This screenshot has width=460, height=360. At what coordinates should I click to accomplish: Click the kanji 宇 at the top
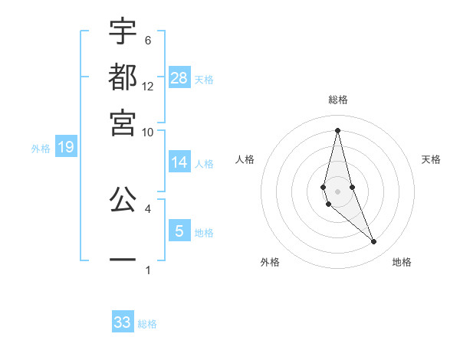[123, 32]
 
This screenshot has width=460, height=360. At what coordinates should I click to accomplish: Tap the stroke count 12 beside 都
[148, 86]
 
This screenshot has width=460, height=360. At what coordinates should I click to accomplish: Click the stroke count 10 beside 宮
[148, 132]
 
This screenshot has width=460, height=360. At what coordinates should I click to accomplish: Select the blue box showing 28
[179, 77]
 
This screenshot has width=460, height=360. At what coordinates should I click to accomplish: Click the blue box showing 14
[179, 162]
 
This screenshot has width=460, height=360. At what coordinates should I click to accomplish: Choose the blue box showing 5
[179, 231]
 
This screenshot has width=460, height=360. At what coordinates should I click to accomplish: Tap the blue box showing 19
[65, 147]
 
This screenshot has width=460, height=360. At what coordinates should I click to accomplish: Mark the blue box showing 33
[123, 322]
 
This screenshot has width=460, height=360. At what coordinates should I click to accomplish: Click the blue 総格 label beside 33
[147, 324]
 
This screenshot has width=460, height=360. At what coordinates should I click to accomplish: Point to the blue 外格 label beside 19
[41, 149]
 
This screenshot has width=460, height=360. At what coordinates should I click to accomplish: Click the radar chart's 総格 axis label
[338, 100]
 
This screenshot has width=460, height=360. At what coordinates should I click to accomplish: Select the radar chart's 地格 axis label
[402, 262]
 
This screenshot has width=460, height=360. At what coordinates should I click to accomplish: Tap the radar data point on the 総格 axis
[338, 130]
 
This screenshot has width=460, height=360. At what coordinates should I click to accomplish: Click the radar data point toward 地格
[373, 242]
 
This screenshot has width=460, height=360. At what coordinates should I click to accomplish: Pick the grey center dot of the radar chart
[338, 191]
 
